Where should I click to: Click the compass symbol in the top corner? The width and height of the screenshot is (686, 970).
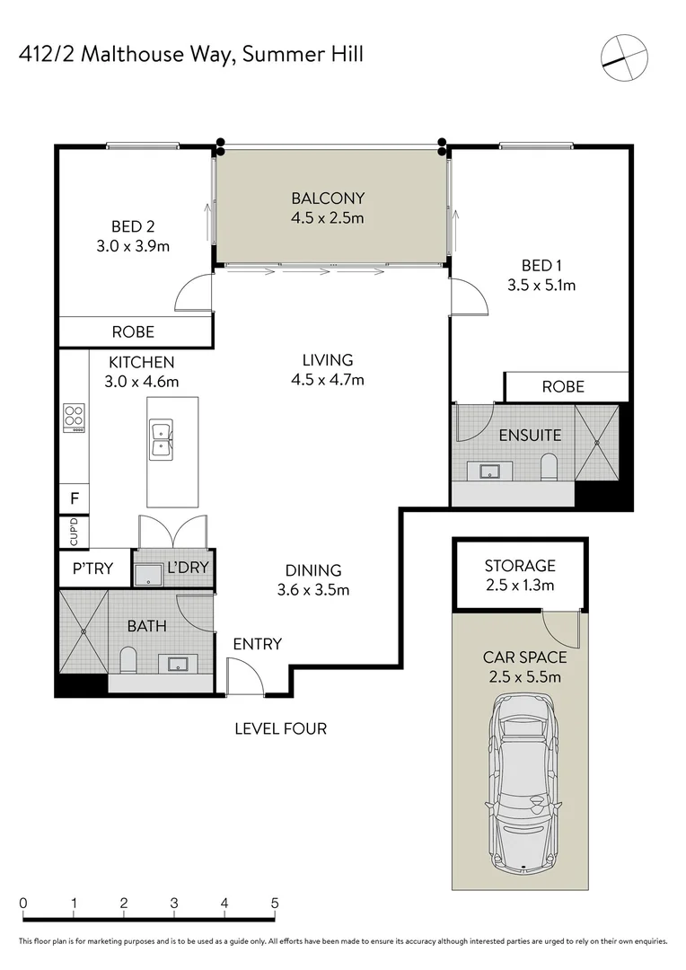pos(624,57)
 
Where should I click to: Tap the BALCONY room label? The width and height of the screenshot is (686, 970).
pos(328,198)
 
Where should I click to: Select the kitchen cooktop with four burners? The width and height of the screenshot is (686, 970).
pos(75,418)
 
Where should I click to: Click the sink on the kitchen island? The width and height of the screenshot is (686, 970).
pos(161,438)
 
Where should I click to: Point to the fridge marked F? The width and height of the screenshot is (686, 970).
pos(75,498)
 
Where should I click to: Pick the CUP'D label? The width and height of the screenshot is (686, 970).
pos(75,533)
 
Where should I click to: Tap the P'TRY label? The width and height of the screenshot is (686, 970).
pos(92,569)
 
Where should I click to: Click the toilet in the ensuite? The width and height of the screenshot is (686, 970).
pos(549,467)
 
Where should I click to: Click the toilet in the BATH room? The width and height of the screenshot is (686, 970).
pos(128,660)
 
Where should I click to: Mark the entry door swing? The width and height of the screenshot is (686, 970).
pos(245,676)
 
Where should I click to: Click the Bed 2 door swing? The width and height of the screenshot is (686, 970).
pos(194,292)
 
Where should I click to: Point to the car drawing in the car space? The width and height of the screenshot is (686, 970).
pos(524,784)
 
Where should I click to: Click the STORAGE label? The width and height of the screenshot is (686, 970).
pos(520,566)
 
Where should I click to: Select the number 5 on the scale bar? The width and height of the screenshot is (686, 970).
pos(275,904)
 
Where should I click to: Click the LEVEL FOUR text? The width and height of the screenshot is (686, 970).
pos(281,728)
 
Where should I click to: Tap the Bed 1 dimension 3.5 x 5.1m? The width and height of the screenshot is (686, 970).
pos(541,286)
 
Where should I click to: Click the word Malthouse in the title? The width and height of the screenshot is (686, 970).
pos(132,55)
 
